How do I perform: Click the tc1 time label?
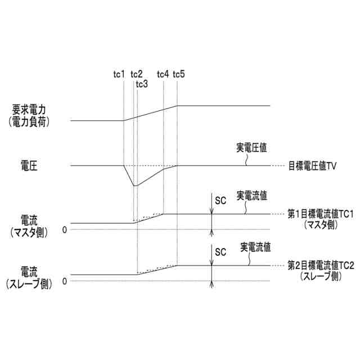(x=119, y=74)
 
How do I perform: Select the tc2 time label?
(x=136, y=74)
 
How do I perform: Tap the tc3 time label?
(x=142, y=84)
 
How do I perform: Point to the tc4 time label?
(x=163, y=74)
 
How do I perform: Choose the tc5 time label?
(x=179, y=74)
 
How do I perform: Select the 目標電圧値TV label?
(x=312, y=165)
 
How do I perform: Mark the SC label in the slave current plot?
(x=220, y=253)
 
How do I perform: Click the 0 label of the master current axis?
(x=65, y=229)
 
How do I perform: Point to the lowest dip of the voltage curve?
(x=134, y=185)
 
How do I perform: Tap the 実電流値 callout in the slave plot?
(x=255, y=246)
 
